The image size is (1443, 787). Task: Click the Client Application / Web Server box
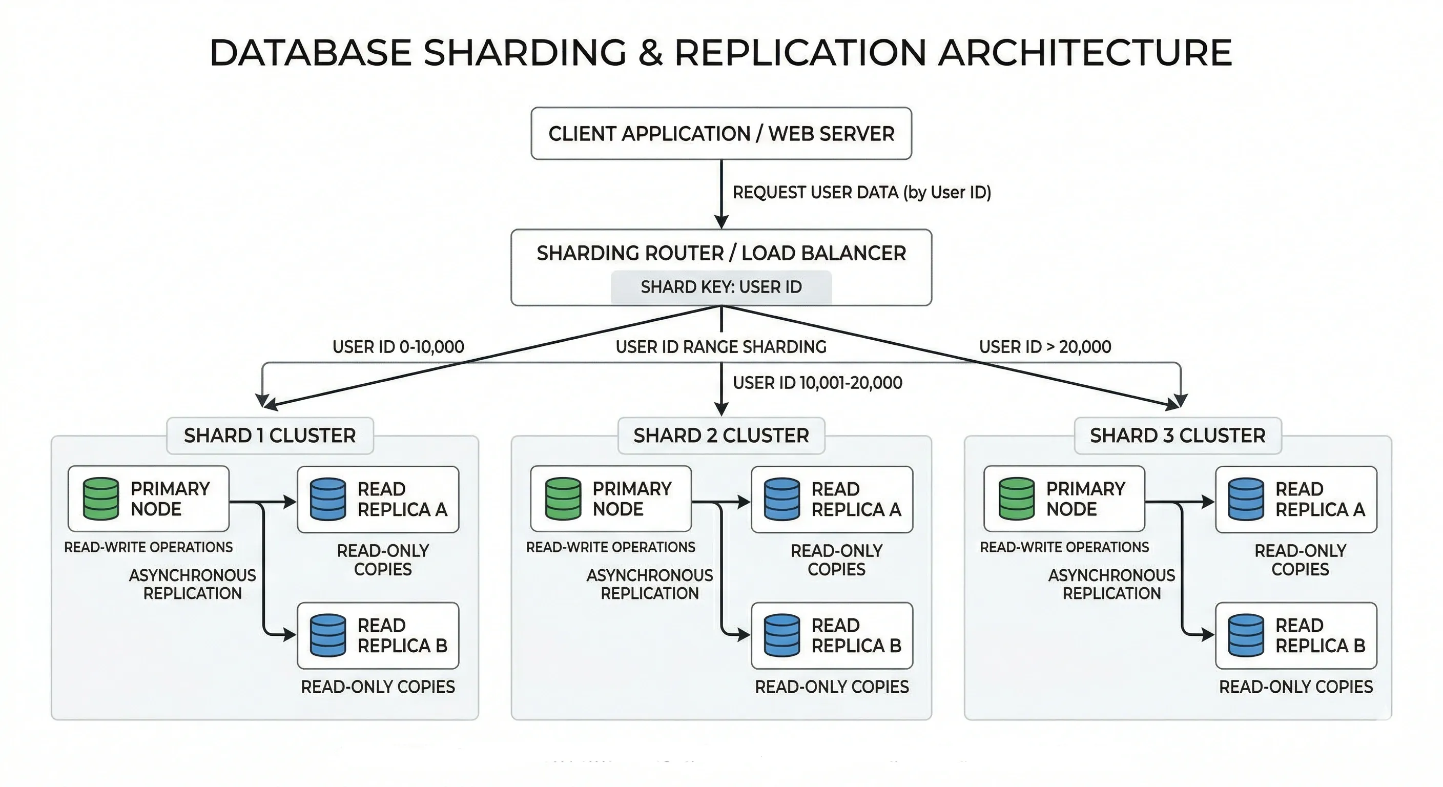point(721,134)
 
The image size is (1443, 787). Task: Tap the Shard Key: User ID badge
point(721,287)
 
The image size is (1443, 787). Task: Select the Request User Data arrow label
point(861,193)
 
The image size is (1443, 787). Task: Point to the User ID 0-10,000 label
point(398,347)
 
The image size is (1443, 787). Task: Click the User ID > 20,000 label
point(1045,347)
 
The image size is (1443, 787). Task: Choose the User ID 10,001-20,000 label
point(817,383)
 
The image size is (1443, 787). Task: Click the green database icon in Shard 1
point(101,499)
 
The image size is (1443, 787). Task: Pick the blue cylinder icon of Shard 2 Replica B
point(782,635)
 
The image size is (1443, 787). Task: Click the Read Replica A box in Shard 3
point(1295,499)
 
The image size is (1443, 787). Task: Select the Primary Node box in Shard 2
point(611,499)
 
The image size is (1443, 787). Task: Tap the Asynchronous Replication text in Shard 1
point(192,584)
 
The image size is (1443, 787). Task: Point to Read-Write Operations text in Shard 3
point(1064,547)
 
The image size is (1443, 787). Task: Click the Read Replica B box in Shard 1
point(378,636)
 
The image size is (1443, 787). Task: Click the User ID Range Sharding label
point(721,347)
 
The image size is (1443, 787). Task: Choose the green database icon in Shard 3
point(1016,499)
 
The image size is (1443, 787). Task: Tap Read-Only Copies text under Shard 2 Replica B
point(832,687)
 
